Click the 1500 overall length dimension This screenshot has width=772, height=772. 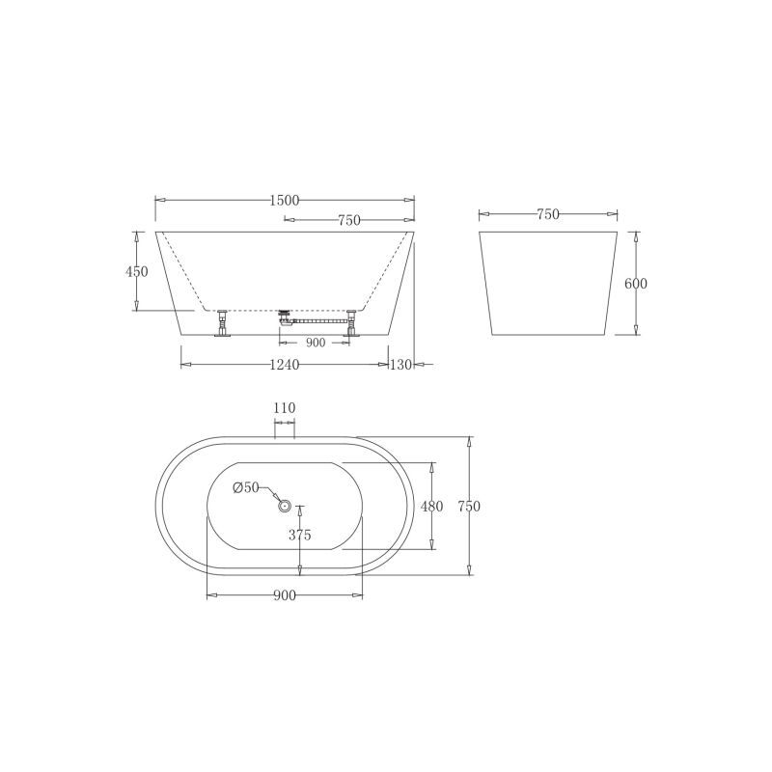tap(285, 200)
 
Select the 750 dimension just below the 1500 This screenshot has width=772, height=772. tap(348, 220)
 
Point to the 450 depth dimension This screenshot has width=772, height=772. tap(137, 272)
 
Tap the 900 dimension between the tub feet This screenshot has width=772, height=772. tap(315, 343)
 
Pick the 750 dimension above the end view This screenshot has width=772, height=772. tap(547, 215)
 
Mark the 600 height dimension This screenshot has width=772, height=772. tap(635, 284)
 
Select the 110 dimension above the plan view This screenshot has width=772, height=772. tap(284, 409)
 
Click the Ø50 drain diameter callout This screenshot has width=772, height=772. tap(245, 487)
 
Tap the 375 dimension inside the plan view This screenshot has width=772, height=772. tap(299, 535)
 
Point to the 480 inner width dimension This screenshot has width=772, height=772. tap(430, 506)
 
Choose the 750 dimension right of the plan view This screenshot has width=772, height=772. tap(469, 506)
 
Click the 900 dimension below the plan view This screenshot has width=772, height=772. tap(283, 595)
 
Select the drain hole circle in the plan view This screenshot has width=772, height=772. tap(285, 505)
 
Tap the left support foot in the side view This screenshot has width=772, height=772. tap(223, 323)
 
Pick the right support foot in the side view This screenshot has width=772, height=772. tap(351, 324)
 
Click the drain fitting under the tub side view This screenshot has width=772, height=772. tap(284, 315)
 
